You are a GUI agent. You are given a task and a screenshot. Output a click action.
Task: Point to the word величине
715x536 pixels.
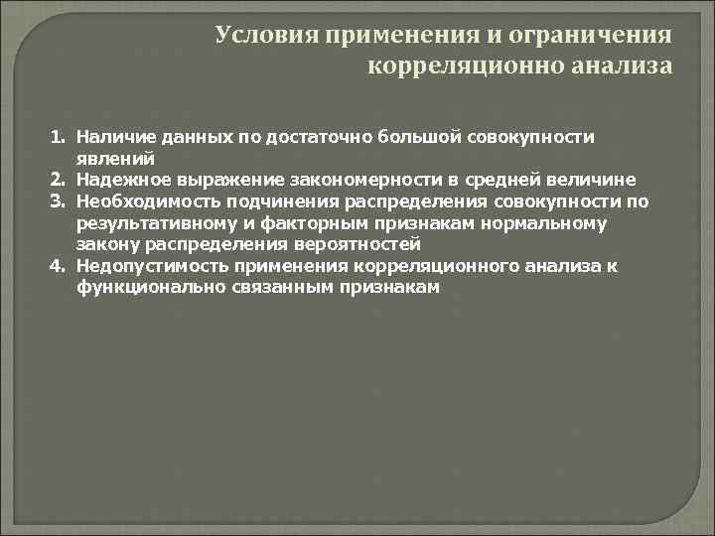[x=593, y=180]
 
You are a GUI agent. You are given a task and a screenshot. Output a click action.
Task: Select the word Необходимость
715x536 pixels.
[x=140, y=201]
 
